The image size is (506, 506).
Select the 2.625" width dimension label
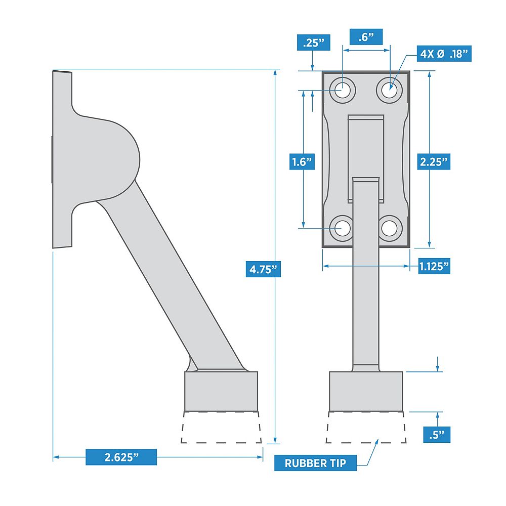tap(121, 457)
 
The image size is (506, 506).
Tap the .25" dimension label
tap(313, 43)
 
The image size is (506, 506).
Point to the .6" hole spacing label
tap(365, 36)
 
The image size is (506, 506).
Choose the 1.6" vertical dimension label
tap(303, 162)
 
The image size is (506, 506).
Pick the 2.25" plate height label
tap(434, 162)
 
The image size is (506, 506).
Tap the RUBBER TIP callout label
tap(315, 463)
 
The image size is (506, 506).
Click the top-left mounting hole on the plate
tap(343, 91)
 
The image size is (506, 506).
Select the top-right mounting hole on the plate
tap(389, 91)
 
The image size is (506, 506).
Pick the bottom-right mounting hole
tap(389, 228)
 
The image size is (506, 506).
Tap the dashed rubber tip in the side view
tap(222, 428)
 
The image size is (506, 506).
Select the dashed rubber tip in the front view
tap(366, 428)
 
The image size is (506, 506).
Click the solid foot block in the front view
tap(366, 391)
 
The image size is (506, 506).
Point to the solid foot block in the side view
tap(221, 391)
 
